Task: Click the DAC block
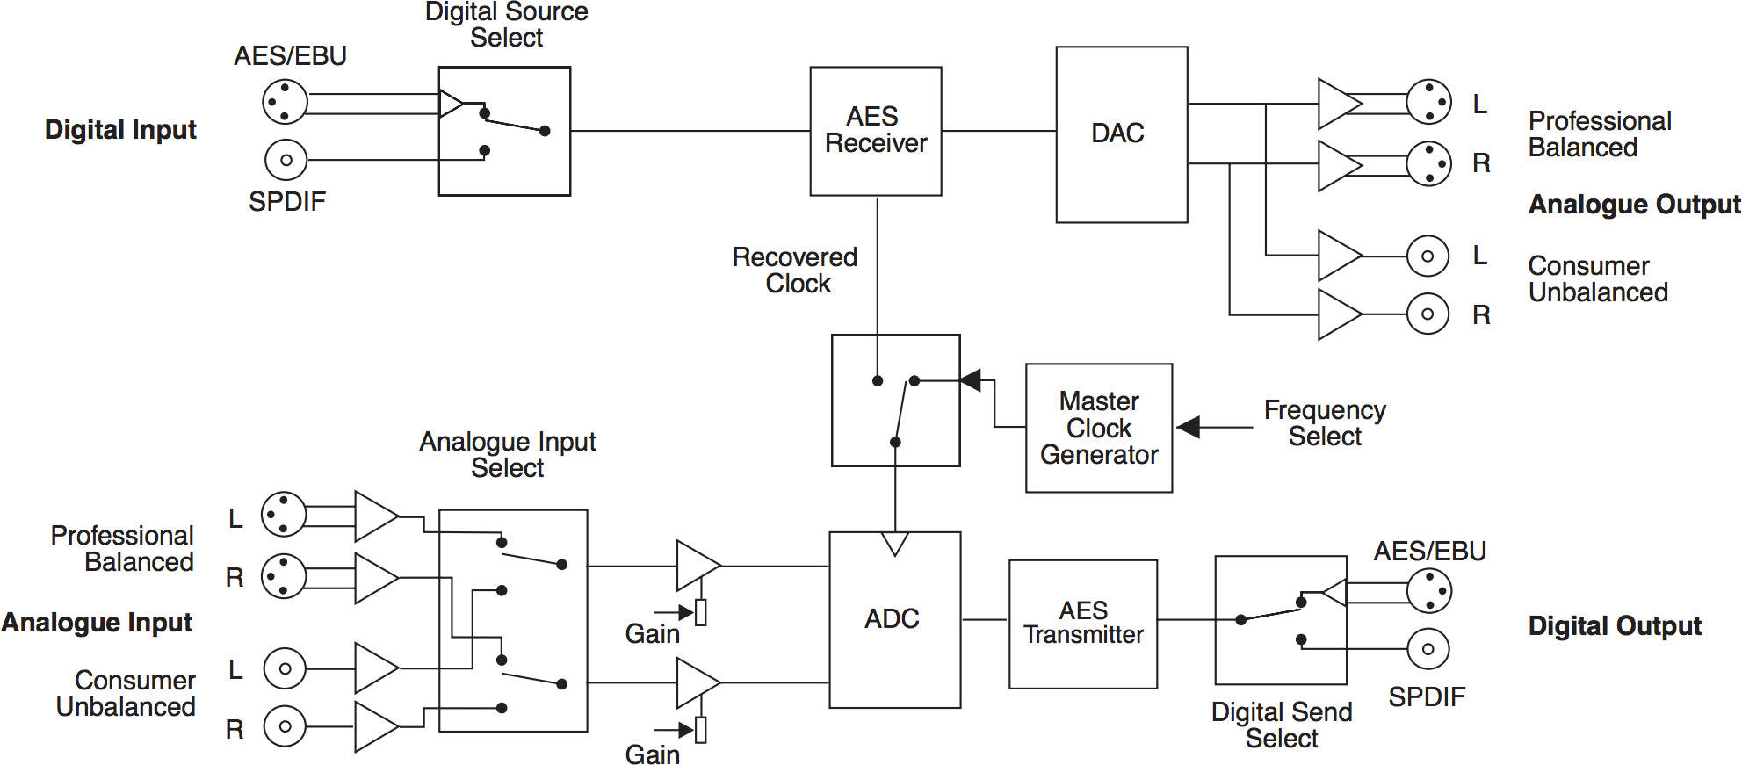[x=1121, y=134]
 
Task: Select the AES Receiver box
[x=875, y=131]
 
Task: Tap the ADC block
[x=893, y=619]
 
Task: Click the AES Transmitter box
[x=1082, y=624]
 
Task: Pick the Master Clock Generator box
[x=1098, y=428]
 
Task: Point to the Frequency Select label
[x=1324, y=423]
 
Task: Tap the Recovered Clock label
[x=795, y=271]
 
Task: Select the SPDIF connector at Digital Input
[x=286, y=160]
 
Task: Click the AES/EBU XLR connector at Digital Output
[x=1428, y=591]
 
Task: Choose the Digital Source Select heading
[x=506, y=25]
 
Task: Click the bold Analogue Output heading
[x=1634, y=205]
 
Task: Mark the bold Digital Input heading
[x=120, y=130]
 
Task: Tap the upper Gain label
[x=652, y=634]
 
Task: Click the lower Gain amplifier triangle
[x=696, y=683]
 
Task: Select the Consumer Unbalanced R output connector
[x=1428, y=314]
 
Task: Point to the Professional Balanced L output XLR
[x=1428, y=102]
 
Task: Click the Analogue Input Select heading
[x=507, y=455]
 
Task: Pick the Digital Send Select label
[x=1281, y=725]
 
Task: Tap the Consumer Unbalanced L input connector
[x=285, y=668]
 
